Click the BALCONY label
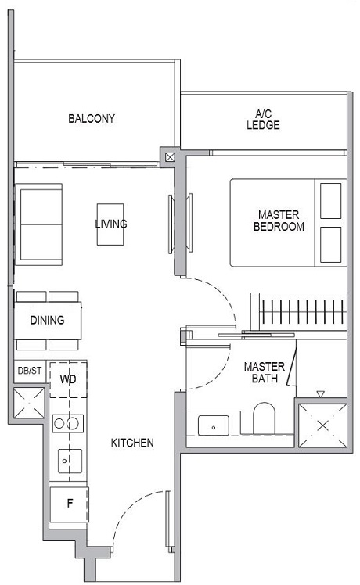pos(92,119)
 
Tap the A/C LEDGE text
pos(262,119)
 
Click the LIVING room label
pos(110,224)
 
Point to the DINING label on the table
pos(47,321)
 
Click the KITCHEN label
pos(132,443)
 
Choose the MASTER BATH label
pos(263,372)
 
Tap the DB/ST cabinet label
pos(29,371)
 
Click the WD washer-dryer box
pos(68,379)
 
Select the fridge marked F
pos(68,505)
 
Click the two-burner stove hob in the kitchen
pos(68,424)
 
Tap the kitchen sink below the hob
pos(68,461)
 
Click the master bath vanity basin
pos(213,426)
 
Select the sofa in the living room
pos(39,224)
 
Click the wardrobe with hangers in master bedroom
pos(297,311)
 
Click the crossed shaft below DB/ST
pos(29,403)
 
